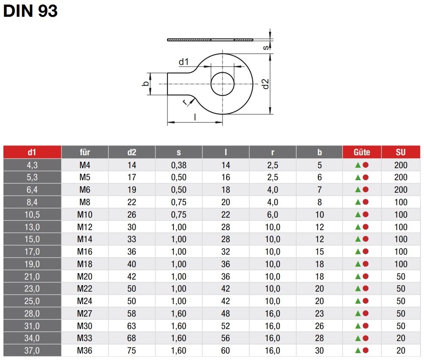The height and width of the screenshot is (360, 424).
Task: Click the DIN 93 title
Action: click(30, 11)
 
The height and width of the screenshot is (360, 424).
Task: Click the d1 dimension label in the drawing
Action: click(184, 62)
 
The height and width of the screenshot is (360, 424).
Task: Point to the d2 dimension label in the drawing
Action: click(266, 84)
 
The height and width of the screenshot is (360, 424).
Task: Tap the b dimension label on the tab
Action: click(146, 84)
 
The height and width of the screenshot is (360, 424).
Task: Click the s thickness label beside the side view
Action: click(266, 48)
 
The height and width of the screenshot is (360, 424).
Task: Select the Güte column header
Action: click(362, 152)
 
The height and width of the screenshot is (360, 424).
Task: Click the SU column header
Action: click(401, 152)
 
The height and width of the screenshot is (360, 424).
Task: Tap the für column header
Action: click(85, 152)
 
